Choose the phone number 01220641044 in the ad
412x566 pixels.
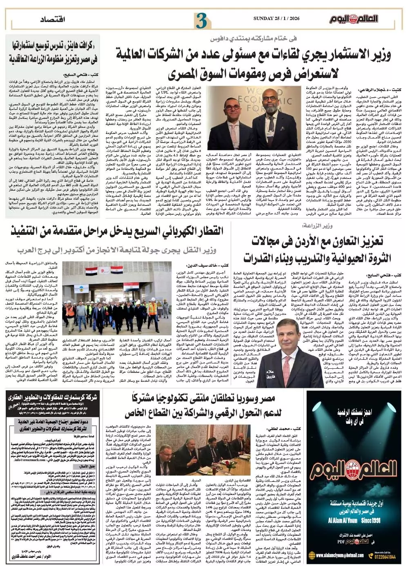click(x=386, y=557)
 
